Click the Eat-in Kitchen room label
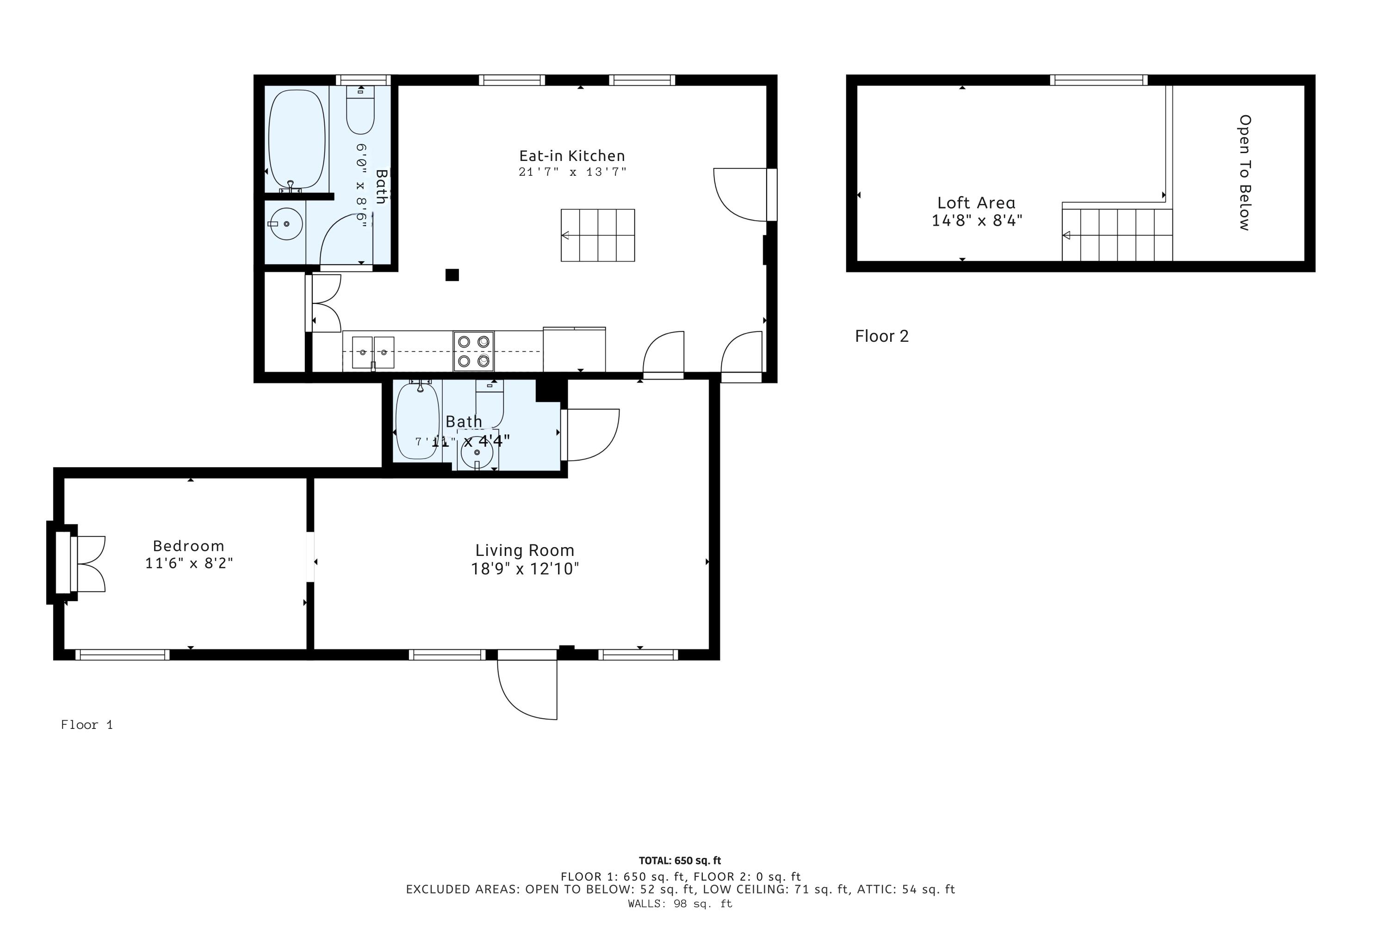(x=572, y=156)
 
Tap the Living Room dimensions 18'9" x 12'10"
(x=525, y=569)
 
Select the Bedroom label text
(x=188, y=546)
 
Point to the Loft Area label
(x=976, y=203)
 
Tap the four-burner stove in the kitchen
(x=473, y=351)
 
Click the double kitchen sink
(x=373, y=352)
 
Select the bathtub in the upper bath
(x=297, y=140)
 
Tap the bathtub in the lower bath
(x=417, y=420)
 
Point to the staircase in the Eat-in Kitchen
(x=598, y=235)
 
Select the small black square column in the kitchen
(x=452, y=275)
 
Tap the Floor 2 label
(x=882, y=336)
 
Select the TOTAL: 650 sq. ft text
(x=680, y=861)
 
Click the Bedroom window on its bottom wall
(x=122, y=654)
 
